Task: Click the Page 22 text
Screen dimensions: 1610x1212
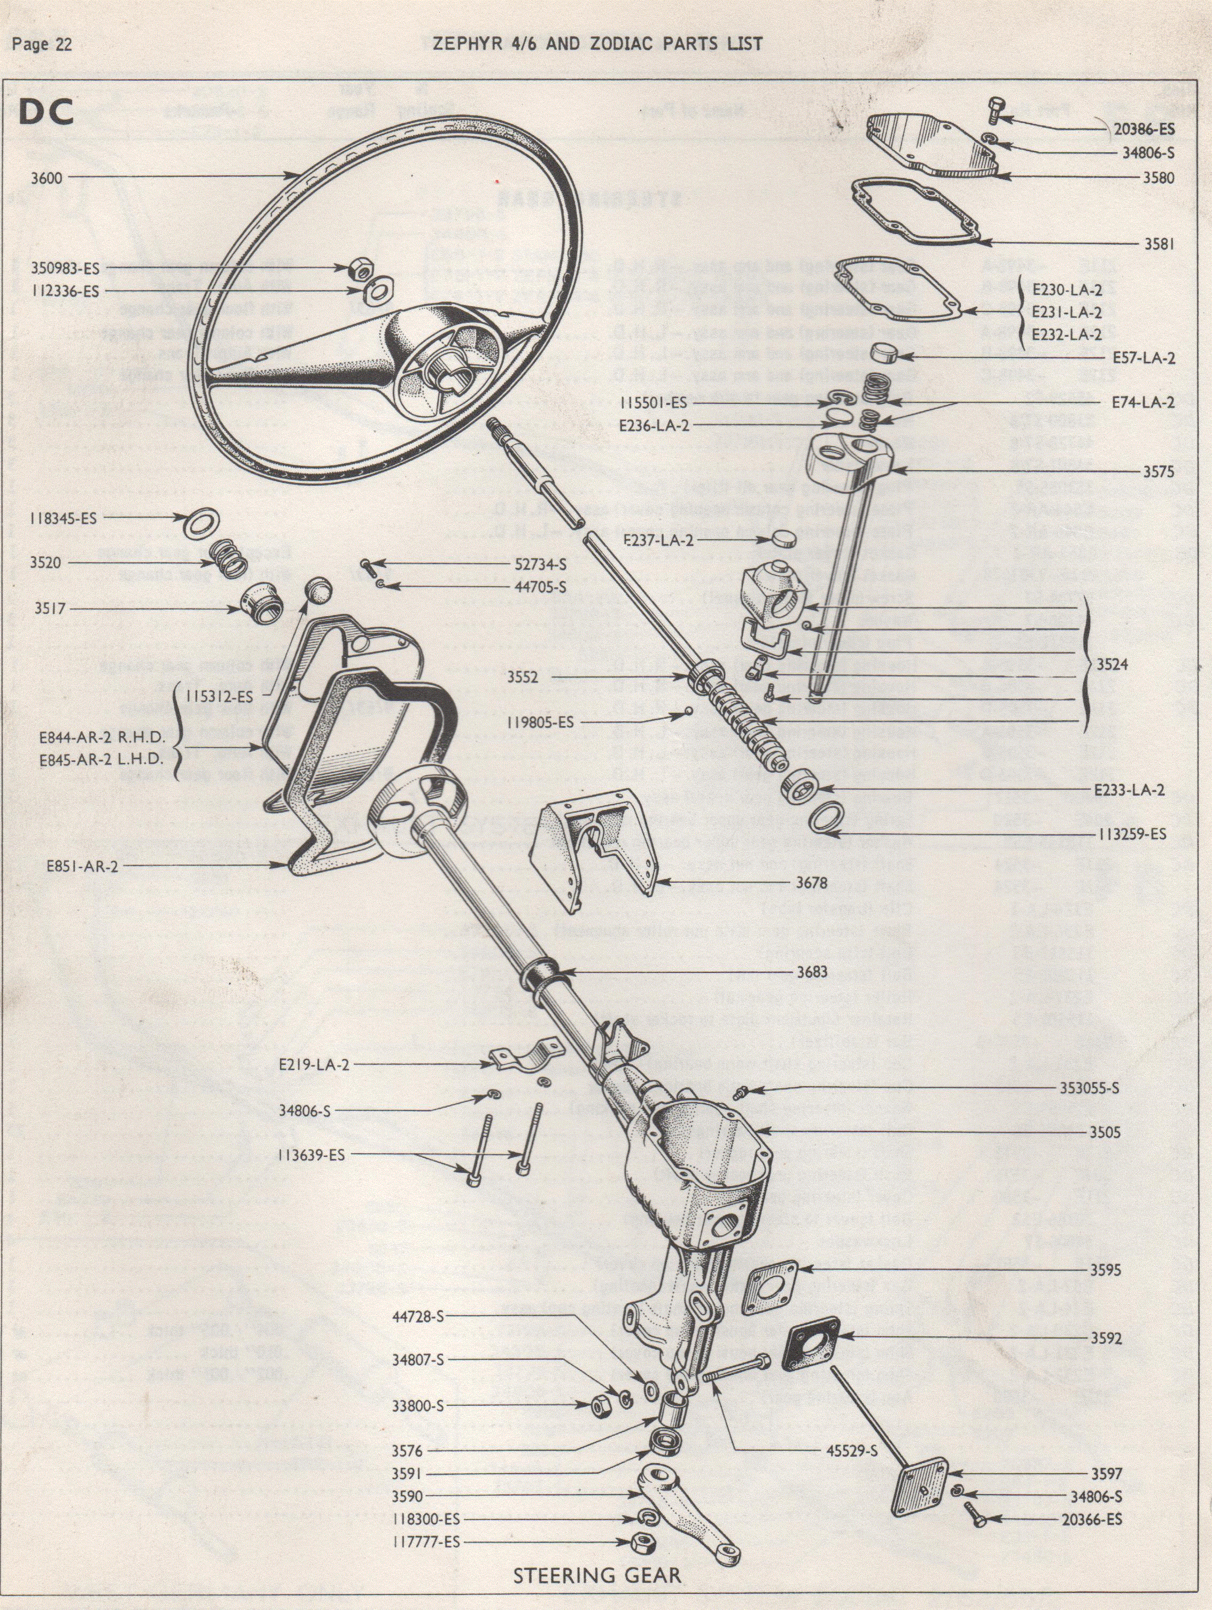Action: [x=42, y=44]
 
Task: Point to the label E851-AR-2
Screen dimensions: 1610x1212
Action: [x=82, y=866]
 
